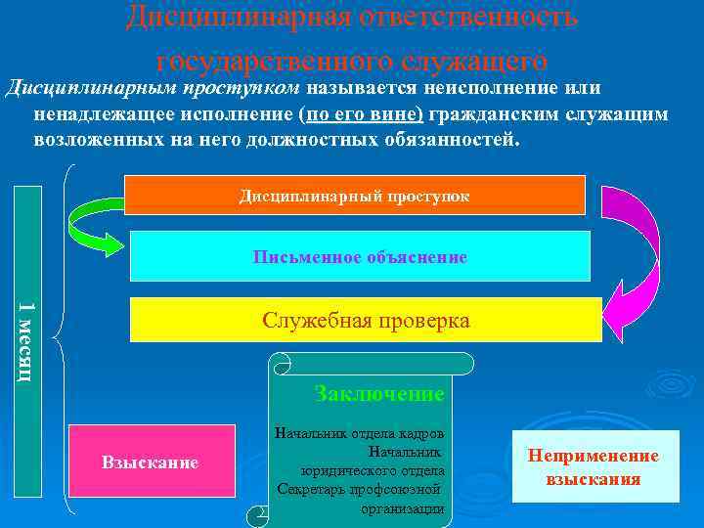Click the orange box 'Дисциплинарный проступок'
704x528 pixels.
(x=356, y=195)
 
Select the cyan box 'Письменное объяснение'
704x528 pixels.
(x=360, y=257)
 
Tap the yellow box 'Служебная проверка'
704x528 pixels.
(x=366, y=321)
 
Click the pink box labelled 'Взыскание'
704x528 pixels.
(x=151, y=462)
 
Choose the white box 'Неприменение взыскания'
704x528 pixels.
(x=594, y=467)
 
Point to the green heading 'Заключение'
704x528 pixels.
(x=379, y=394)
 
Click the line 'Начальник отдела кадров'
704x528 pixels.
(x=360, y=433)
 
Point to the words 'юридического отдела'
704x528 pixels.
(x=373, y=470)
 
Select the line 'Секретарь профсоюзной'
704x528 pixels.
(x=359, y=489)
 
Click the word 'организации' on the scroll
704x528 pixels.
(x=402, y=508)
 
